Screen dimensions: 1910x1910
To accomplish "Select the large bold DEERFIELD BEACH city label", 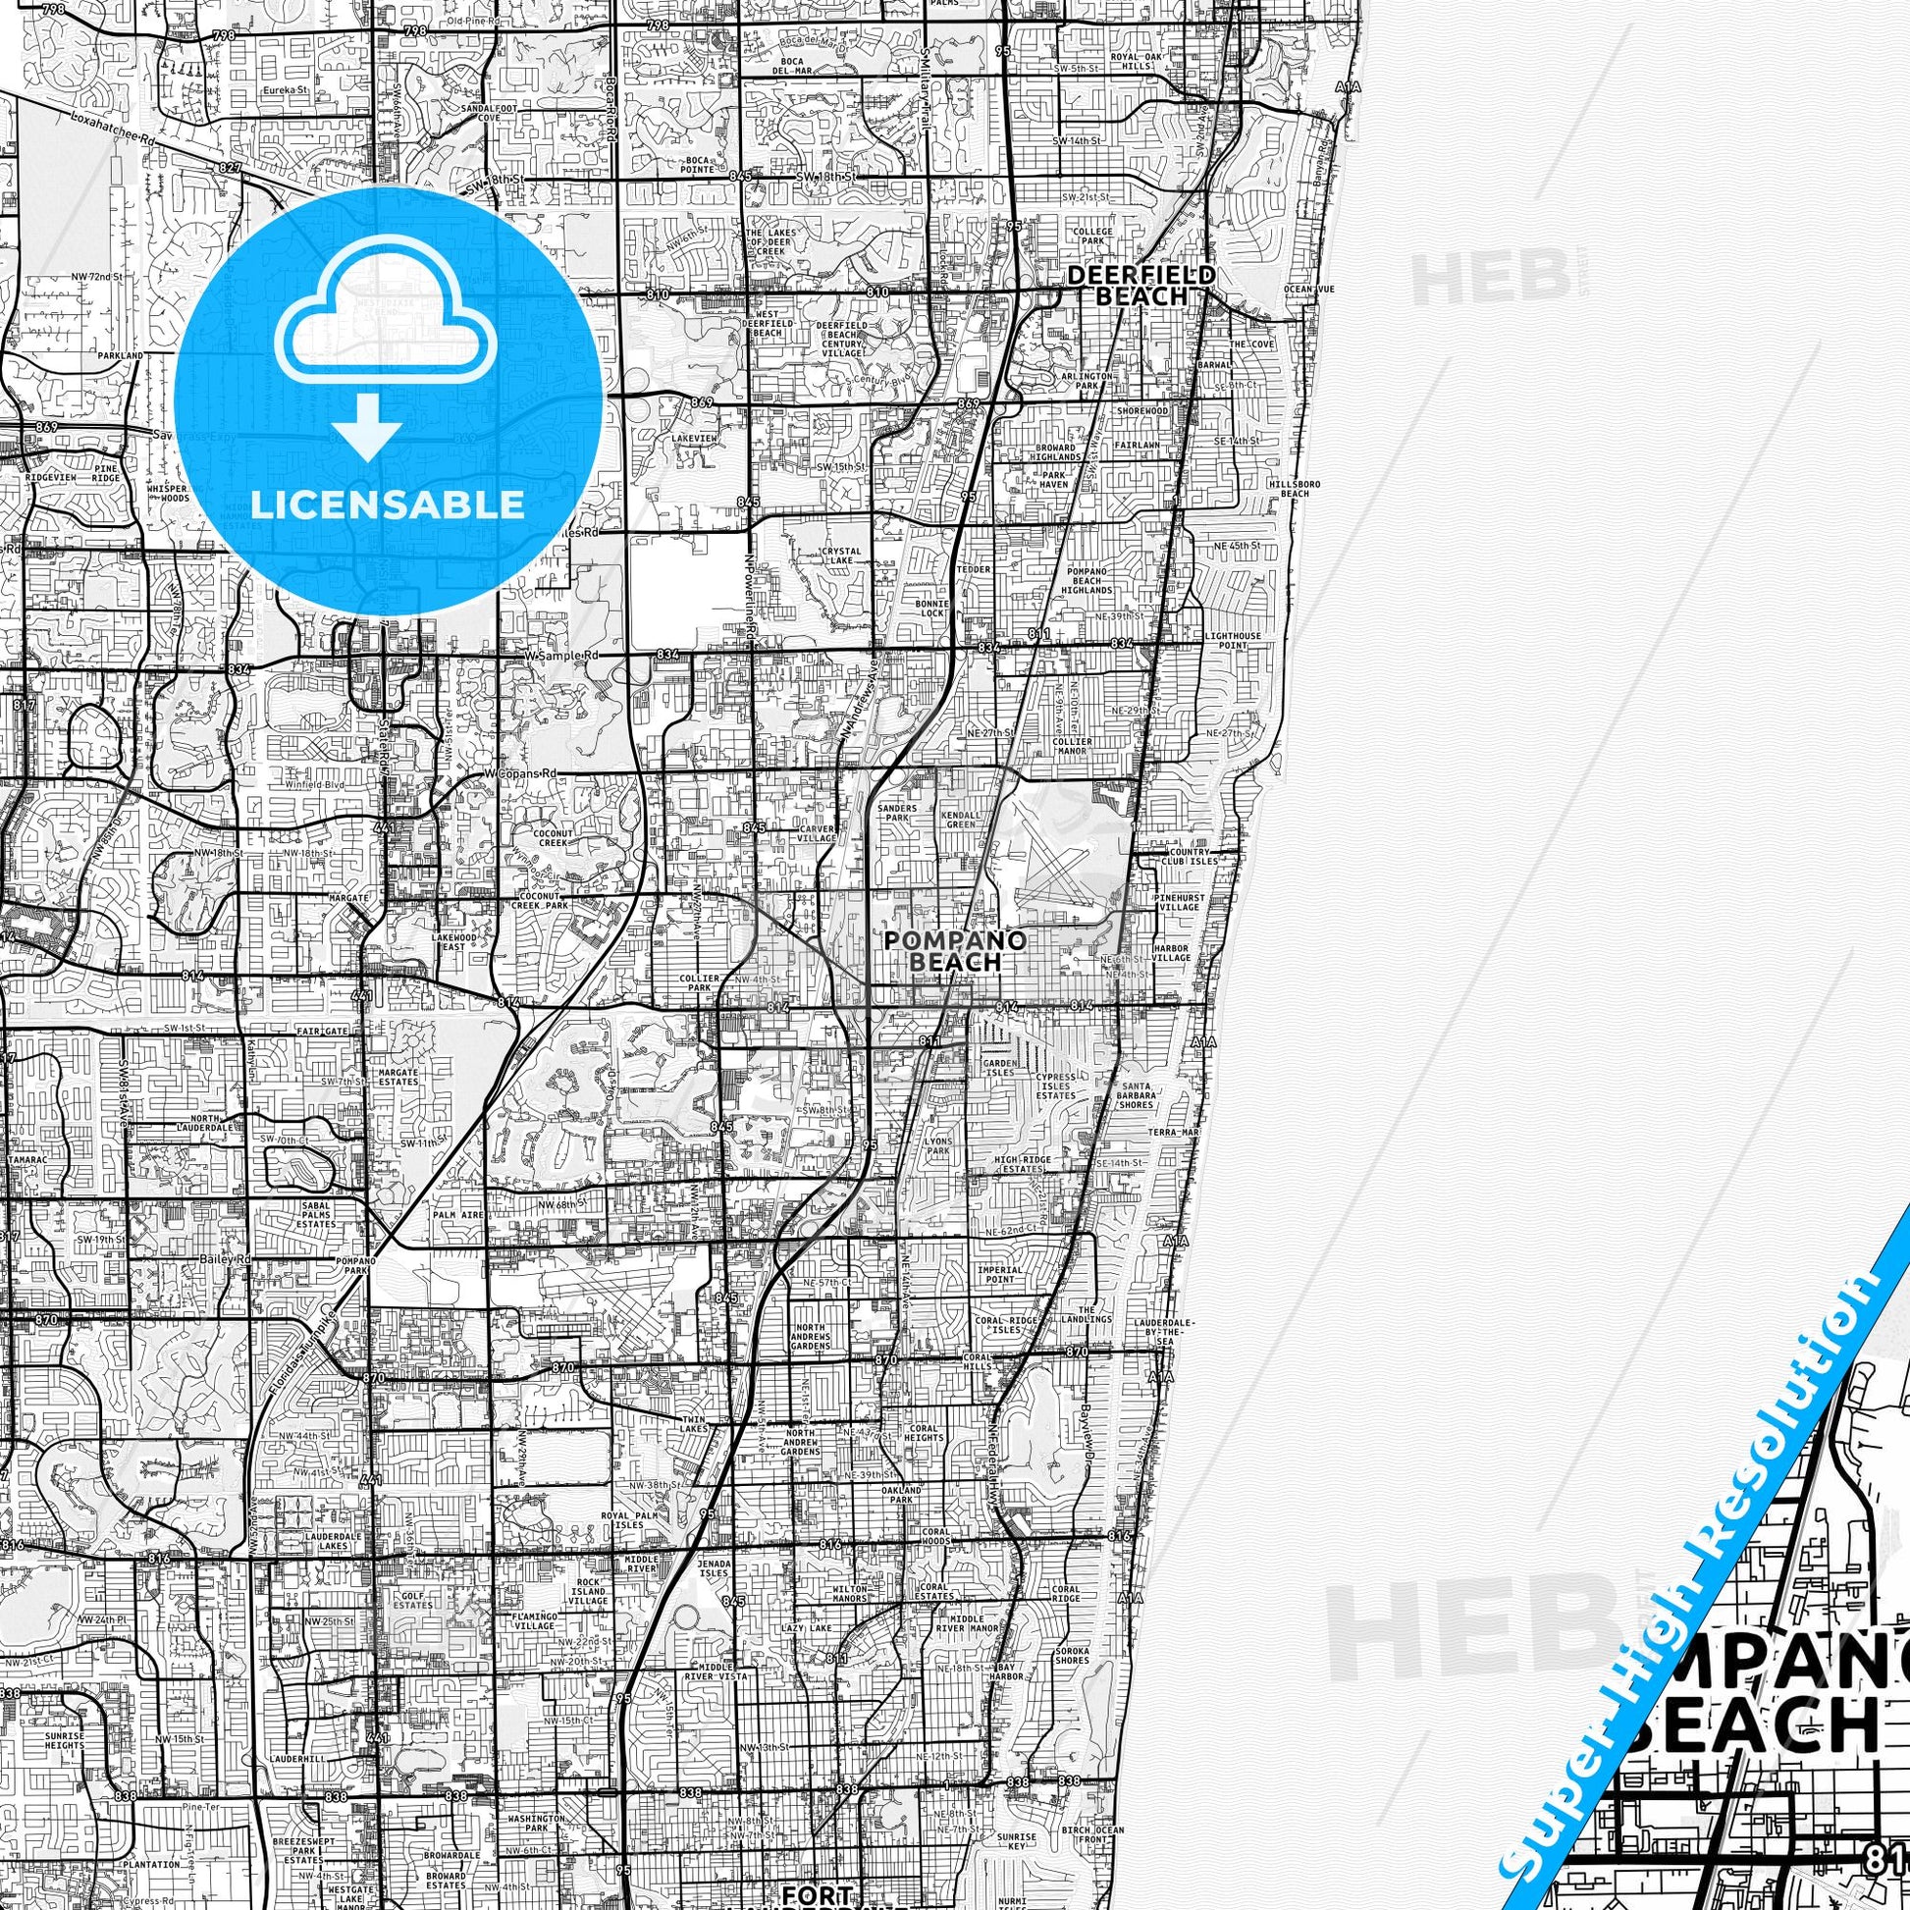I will click(1127, 286).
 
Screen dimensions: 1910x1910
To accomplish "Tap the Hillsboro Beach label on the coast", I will click(1294, 489).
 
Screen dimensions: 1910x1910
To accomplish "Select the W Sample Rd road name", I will click(561, 656).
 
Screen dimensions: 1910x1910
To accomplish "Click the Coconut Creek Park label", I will click(542, 903).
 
